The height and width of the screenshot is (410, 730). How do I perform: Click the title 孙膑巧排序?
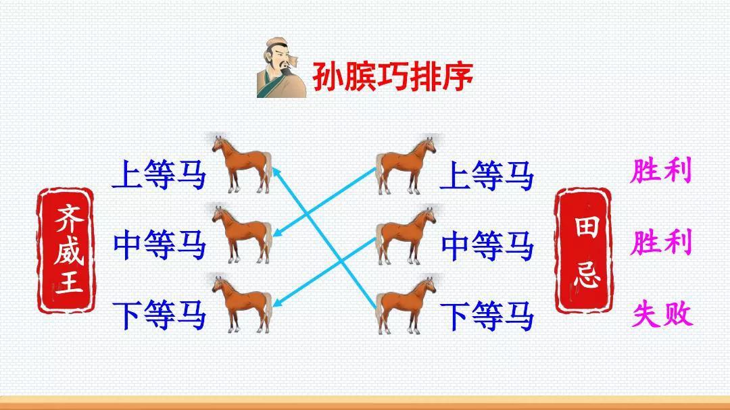tap(393, 76)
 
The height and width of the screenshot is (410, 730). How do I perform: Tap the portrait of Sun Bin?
tap(281, 68)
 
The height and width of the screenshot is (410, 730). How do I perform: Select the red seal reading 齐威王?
tap(66, 251)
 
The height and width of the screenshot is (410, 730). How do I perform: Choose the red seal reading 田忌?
tap(583, 251)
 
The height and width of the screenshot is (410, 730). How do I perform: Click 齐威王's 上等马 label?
tap(159, 174)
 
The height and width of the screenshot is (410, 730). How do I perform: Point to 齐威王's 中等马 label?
tap(159, 245)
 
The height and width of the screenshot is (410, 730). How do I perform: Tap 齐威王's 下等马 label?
tap(159, 315)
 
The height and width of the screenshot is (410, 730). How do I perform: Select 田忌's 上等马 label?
tap(487, 176)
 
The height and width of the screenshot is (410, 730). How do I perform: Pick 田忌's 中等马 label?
tap(487, 246)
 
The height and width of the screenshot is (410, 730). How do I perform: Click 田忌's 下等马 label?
tap(487, 316)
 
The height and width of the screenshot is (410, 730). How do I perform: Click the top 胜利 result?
tap(660, 170)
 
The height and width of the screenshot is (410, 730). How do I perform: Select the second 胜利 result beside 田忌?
tap(660, 242)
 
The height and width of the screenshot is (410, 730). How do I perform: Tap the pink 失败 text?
tap(662, 314)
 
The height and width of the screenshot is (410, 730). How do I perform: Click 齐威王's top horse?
tap(242, 164)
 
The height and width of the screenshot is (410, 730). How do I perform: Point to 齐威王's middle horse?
tap(242, 234)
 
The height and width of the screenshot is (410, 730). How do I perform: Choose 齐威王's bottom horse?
tap(242, 305)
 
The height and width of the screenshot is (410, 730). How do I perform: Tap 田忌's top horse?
tap(406, 165)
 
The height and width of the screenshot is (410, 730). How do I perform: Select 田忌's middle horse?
tap(406, 236)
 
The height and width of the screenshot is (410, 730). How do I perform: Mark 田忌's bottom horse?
tap(406, 305)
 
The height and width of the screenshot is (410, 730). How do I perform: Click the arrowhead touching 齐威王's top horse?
tap(276, 172)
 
